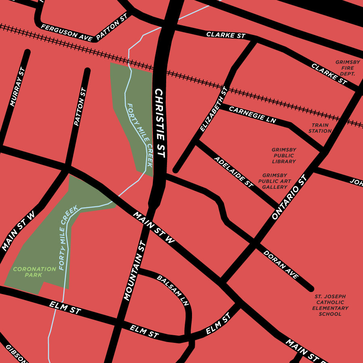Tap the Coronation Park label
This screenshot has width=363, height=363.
(x=34, y=272)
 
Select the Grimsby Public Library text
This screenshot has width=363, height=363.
(x=284, y=155)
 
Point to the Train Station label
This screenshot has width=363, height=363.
(x=320, y=128)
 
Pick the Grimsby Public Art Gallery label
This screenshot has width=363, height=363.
(x=275, y=181)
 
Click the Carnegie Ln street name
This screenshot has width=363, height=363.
(x=252, y=115)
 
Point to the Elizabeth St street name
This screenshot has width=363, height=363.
(x=214, y=109)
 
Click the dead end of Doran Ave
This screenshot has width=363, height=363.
(x=311, y=289)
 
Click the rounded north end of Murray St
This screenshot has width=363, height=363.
(x=27, y=52)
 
